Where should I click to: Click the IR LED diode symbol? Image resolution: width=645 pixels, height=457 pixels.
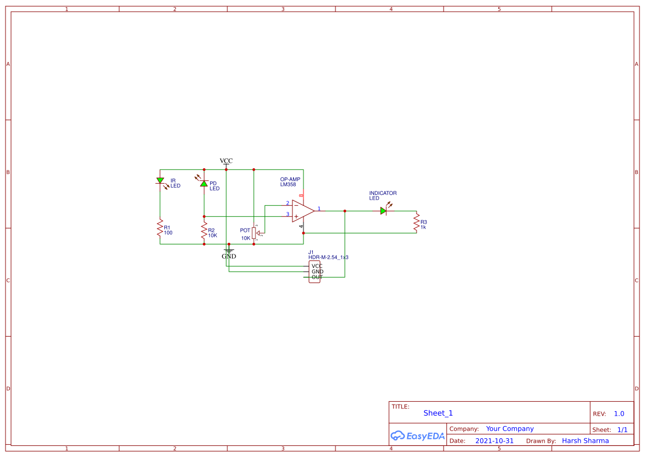[x=160, y=180]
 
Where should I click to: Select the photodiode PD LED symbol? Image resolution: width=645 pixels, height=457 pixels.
[x=204, y=183]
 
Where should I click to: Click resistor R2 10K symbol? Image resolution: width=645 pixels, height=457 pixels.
[x=204, y=231]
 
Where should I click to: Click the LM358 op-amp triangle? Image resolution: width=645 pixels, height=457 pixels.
[x=302, y=211]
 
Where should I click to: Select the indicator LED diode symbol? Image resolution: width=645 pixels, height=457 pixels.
[x=383, y=211]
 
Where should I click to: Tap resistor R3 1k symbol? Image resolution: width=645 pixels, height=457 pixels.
[x=417, y=222]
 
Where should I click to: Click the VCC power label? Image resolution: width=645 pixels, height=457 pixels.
[x=226, y=161]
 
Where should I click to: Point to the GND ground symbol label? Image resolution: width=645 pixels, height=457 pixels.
[x=229, y=256]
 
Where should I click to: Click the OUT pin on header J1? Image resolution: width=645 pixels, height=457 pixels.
[x=317, y=277]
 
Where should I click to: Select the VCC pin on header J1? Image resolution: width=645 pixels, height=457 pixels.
[x=317, y=266]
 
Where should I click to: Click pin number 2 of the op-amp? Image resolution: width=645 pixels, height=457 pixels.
[x=287, y=203]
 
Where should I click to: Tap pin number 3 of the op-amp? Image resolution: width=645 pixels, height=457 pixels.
[x=287, y=214]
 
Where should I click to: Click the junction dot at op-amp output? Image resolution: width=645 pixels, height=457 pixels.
[x=345, y=211]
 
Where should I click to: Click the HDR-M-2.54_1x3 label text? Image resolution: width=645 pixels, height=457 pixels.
[x=328, y=257]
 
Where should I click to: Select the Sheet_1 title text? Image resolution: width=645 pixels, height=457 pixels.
[x=438, y=413]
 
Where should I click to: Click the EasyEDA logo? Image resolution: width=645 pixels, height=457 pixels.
[x=417, y=435]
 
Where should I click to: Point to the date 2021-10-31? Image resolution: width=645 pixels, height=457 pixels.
[x=494, y=441]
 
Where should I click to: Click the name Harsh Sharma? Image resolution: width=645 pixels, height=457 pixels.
[x=585, y=441]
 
